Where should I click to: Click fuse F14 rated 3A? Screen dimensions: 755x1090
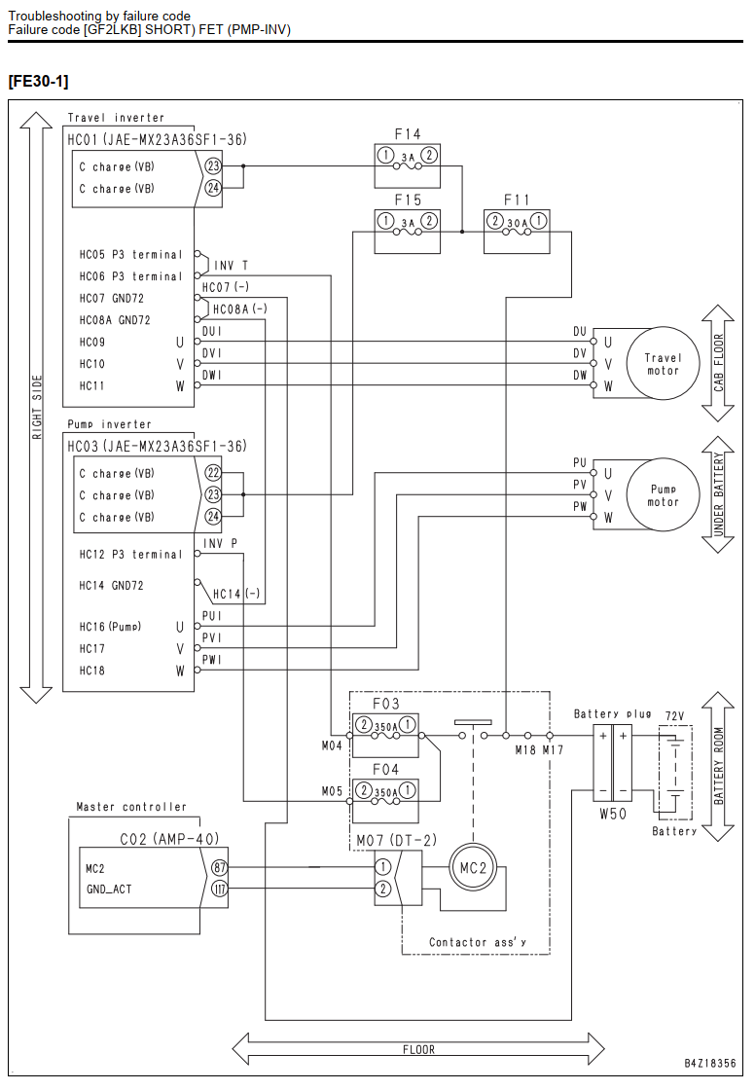point(408,165)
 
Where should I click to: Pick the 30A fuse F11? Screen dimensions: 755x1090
point(517,232)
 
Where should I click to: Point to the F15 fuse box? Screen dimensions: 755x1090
point(408,232)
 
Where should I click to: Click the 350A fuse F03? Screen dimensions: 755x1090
point(386,735)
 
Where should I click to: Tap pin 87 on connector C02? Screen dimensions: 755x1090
point(219,867)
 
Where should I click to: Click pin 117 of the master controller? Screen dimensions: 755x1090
point(219,890)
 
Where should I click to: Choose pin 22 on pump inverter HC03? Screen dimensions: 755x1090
point(213,473)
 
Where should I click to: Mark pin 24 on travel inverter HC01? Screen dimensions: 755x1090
point(213,188)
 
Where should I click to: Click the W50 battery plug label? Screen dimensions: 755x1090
point(613,814)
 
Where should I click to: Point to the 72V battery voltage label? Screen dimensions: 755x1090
point(674,716)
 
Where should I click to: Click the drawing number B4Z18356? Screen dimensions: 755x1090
point(710,1063)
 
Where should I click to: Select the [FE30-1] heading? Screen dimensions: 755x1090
point(38,82)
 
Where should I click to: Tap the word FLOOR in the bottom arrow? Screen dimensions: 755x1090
point(418,1050)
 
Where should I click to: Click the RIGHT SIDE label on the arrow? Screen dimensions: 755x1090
point(37,408)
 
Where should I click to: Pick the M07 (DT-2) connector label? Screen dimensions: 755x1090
point(396,841)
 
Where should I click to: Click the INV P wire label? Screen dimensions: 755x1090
point(221,543)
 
